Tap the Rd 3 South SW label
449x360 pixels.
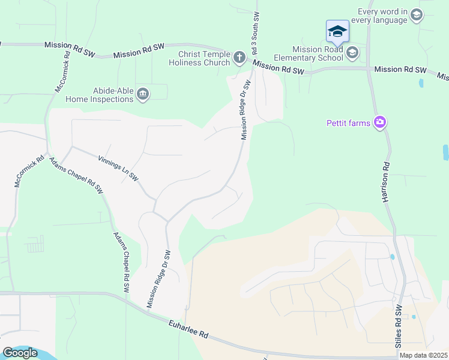(x=256, y=33)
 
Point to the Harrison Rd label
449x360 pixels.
(x=385, y=181)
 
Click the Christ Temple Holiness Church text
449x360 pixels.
(x=199, y=58)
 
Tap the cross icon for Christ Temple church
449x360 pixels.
(x=239, y=58)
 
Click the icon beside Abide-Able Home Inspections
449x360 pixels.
(x=143, y=94)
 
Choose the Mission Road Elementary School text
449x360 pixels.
(x=318, y=53)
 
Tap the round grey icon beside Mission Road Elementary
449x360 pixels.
(x=352, y=53)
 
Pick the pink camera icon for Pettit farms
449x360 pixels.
(x=379, y=123)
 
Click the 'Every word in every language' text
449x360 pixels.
(x=382, y=16)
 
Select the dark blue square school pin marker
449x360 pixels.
(x=337, y=31)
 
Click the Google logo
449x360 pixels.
(x=20, y=353)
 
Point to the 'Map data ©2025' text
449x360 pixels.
(x=423, y=355)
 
